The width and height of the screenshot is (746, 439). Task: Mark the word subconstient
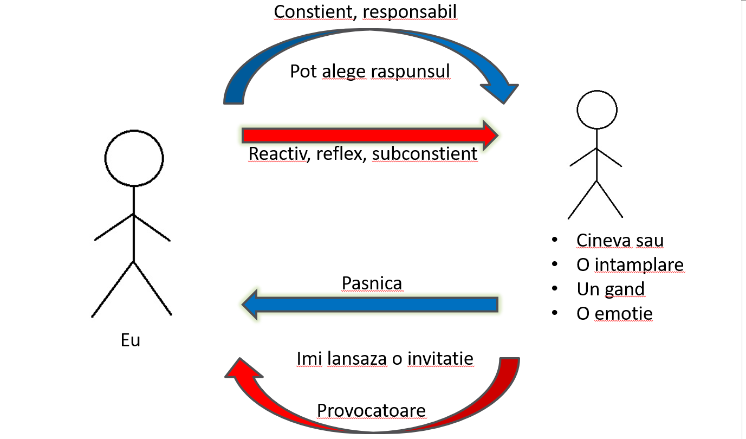coord(424,154)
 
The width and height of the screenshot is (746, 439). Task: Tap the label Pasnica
coord(372,283)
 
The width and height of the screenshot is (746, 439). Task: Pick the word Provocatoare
coord(371,410)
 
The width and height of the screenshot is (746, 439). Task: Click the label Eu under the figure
coord(130,340)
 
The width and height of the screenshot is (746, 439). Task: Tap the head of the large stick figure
coord(134,158)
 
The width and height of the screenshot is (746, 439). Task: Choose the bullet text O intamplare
coord(630,264)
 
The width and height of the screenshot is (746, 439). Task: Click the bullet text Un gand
coord(611,289)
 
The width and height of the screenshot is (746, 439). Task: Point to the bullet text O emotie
coord(614,313)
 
